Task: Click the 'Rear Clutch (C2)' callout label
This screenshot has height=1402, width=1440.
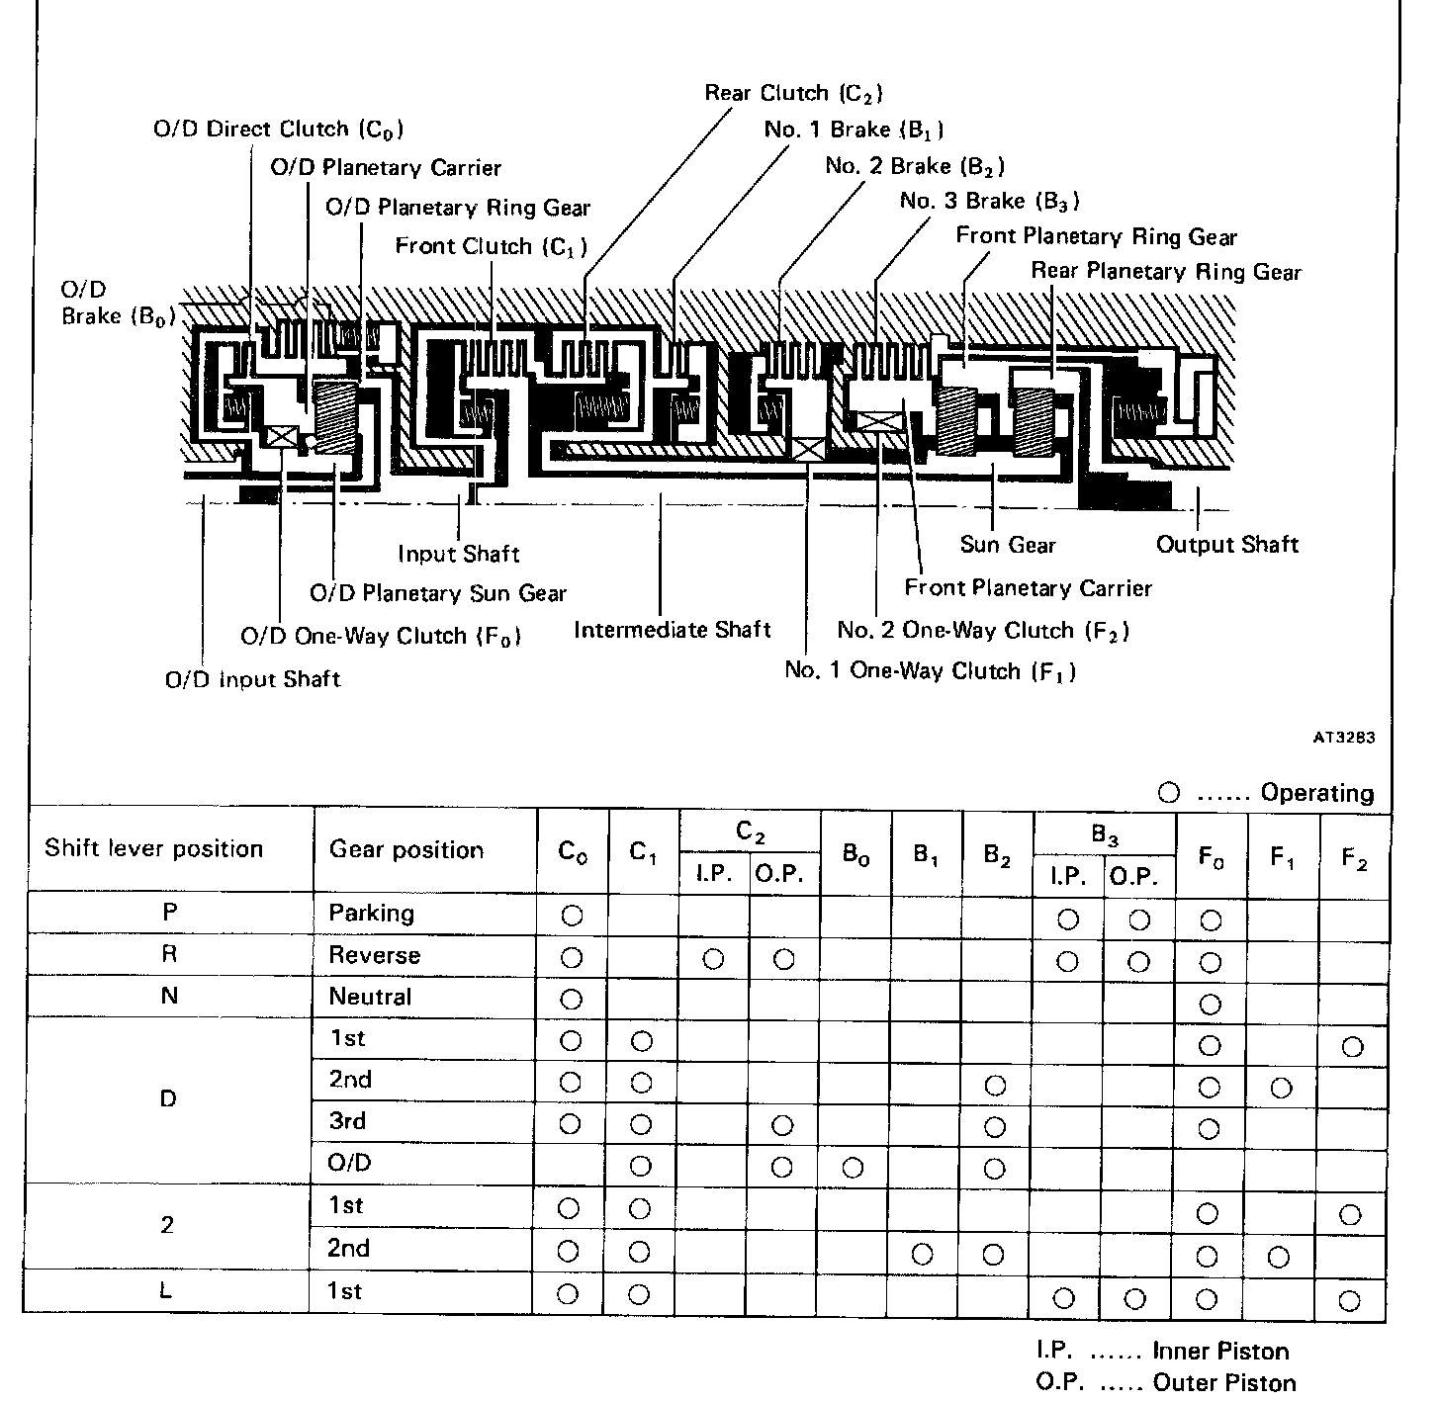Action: pos(793,93)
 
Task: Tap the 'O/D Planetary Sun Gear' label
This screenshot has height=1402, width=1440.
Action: pos(438,593)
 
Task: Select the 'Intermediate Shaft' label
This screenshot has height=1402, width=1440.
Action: pos(672,630)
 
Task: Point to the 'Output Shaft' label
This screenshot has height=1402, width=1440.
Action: pos(1226,545)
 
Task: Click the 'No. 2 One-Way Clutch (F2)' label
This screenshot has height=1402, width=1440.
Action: pos(983,631)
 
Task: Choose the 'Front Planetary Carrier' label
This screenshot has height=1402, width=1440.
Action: pos(1028,588)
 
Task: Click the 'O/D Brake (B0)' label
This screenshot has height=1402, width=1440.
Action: pos(118,304)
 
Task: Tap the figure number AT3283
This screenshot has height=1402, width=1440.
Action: pos(1343,738)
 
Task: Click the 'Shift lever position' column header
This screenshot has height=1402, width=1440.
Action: pos(154,849)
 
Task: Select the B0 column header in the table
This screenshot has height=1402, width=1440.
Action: pos(856,855)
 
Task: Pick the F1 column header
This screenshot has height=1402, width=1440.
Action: pos(1283,858)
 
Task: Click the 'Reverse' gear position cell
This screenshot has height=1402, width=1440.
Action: pos(375,956)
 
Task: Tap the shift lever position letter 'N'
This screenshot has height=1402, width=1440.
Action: pos(169,997)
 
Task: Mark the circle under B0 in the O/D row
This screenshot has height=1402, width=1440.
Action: pos(854,1168)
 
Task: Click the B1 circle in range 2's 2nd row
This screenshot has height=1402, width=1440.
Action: pos(923,1255)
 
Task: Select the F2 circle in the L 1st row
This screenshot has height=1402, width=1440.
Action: pos(1350,1300)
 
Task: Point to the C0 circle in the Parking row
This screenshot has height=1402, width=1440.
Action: pos(572,916)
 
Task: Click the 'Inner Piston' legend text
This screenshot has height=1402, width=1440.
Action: pos(1220,1352)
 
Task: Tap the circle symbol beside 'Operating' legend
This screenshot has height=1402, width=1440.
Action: pos(1169,793)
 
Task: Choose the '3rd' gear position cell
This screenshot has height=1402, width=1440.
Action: pos(347,1121)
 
